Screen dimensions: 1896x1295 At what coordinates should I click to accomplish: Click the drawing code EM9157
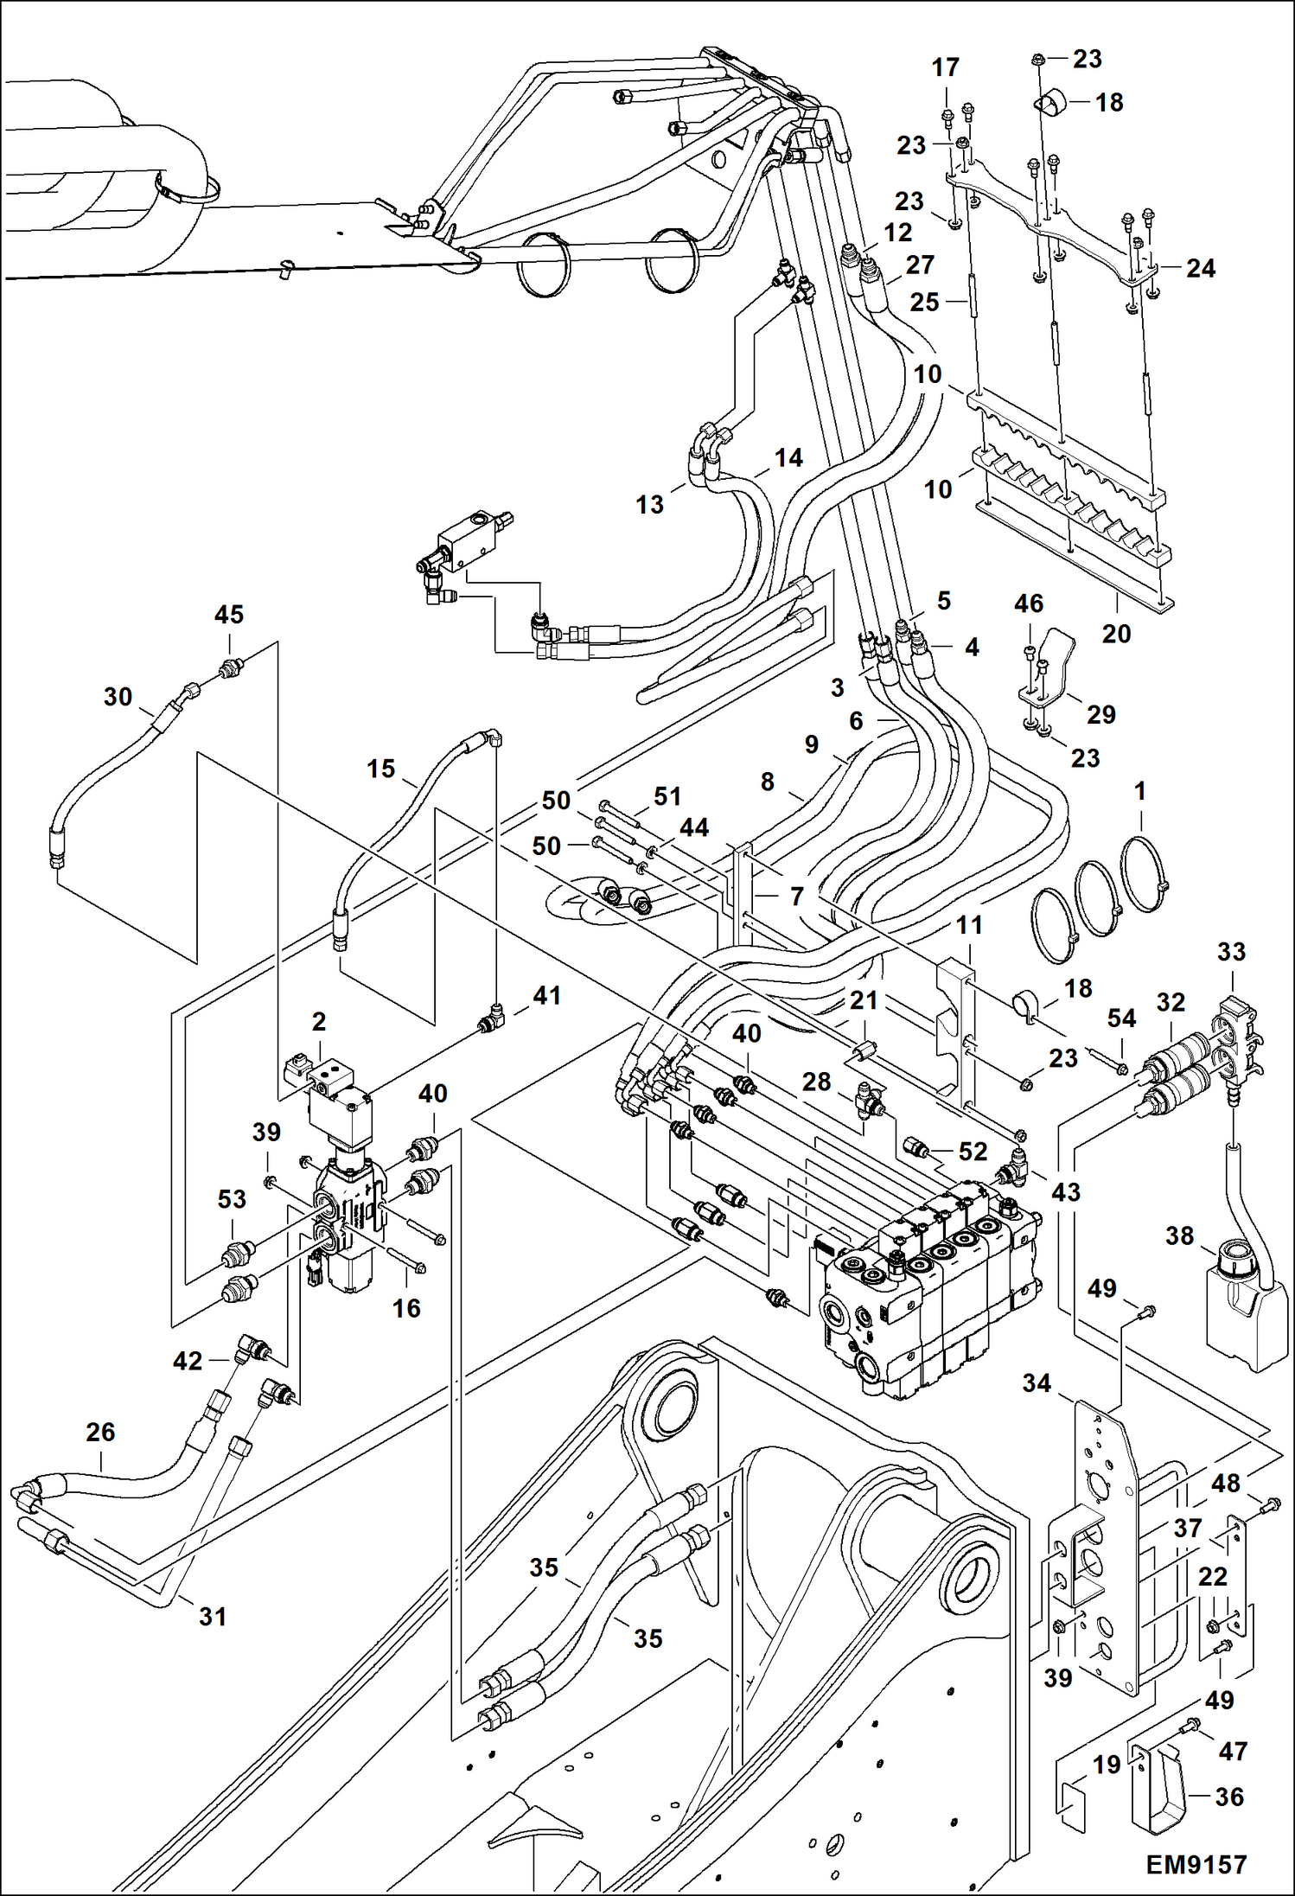tap(1196, 1864)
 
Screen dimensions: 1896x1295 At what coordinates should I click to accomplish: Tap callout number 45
tap(229, 615)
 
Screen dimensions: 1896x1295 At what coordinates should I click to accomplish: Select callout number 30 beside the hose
tap(118, 697)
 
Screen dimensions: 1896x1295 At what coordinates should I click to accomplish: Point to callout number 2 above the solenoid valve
tap(319, 1021)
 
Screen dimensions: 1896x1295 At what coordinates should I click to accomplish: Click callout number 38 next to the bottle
tap(1179, 1235)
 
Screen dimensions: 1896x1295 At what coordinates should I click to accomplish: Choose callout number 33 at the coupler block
tap(1231, 952)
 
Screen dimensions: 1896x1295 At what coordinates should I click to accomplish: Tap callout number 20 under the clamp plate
tap(1116, 634)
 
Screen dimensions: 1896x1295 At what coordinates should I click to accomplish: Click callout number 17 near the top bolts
tap(946, 67)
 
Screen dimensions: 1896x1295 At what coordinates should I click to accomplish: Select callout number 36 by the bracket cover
tap(1229, 1797)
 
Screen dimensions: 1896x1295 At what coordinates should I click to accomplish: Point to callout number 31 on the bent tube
tap(213, 1616)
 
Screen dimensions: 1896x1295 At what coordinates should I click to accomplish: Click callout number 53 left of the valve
tap(232, 1199)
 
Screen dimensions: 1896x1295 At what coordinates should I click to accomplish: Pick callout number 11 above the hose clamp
tap(969, 925)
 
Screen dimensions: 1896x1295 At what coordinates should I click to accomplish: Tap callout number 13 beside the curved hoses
tap(650, 504)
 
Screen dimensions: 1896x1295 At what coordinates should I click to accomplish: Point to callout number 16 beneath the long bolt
tap(406, 1308)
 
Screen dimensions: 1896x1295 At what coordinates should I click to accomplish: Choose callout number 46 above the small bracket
tap(1029, 603)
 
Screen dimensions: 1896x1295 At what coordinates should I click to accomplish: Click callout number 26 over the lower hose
tap(100, 1433)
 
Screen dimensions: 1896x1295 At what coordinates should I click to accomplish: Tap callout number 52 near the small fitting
tap(973, 1152)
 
